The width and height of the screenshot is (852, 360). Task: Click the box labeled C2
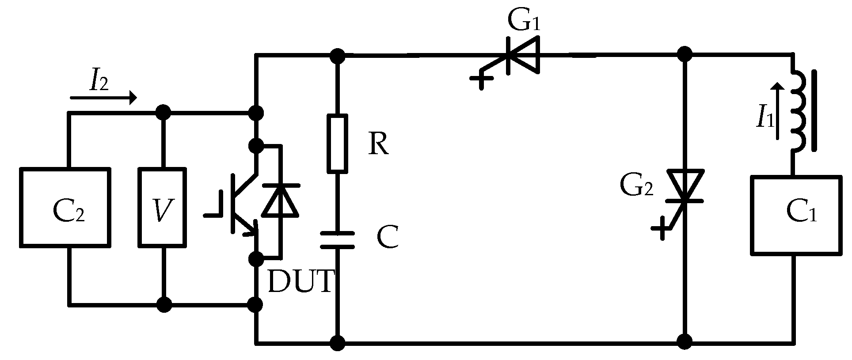pos(65,207)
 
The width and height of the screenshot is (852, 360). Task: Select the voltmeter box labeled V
pos(162,207)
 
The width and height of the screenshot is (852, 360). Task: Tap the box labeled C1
pos(795,215)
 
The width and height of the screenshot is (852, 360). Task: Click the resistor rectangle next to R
pos(337,143)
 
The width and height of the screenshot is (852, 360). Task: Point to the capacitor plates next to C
pos(337,240)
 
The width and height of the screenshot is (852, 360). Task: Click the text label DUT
pos(300,281)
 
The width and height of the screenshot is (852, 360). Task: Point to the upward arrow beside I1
pos(779,110)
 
